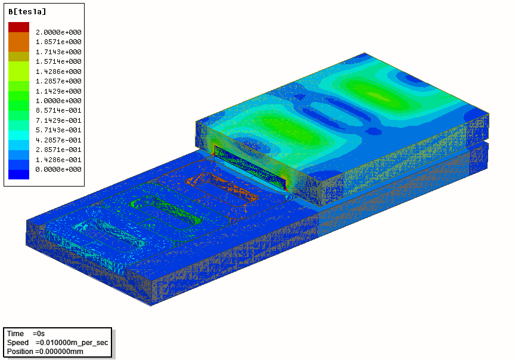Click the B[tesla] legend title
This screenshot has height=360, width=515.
click(27, 12)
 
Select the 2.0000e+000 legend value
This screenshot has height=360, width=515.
click(58, 32)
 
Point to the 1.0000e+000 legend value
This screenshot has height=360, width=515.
click(58, 101)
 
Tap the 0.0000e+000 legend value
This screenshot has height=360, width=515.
click(58, 169)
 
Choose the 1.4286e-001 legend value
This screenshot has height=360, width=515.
click(58, 160)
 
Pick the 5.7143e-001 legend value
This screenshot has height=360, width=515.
click(58, 130)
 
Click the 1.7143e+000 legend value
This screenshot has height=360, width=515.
click(58, 52)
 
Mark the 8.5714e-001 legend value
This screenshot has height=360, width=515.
click(58, 110)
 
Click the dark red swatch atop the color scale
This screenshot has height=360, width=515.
click(18, 27)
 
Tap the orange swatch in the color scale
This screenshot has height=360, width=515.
click(18, 42)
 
